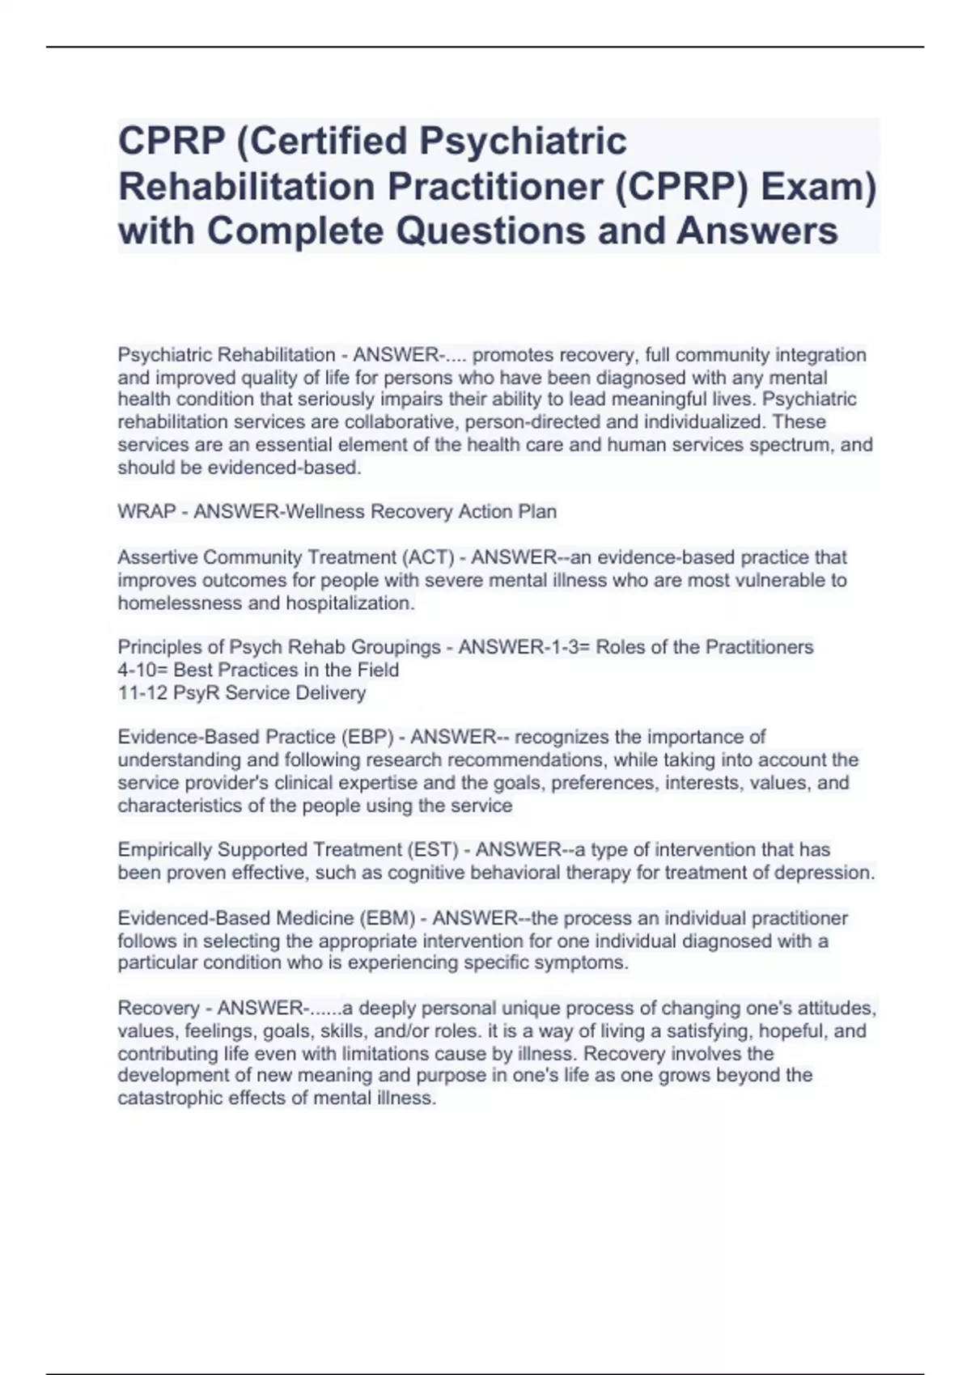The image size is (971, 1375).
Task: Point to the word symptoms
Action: [x=587, y=962]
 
